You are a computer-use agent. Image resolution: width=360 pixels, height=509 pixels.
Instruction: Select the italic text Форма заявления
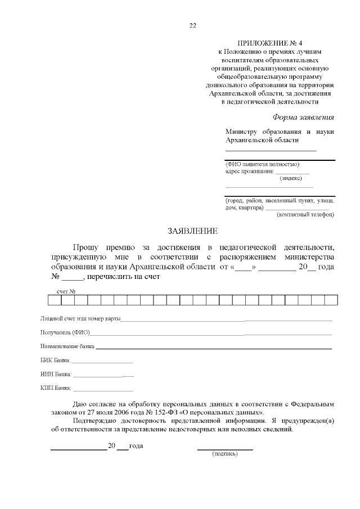(x=303, y=118)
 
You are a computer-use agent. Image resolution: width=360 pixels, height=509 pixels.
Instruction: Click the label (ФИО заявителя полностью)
(x=258, y=164)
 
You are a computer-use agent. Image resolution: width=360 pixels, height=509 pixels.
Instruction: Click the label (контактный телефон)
(x=305, y=214)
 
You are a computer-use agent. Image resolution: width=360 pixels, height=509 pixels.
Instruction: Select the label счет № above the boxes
(x=66, y=291)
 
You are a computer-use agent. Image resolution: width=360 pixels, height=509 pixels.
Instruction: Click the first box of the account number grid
(x=54, y=299)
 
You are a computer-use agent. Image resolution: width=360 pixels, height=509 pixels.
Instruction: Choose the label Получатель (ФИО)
(x=65, y=333)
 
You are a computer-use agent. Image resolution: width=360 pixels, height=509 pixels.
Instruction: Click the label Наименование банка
(x=67, y=346)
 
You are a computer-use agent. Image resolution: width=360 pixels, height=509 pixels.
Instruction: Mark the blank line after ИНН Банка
(x=103, y=375)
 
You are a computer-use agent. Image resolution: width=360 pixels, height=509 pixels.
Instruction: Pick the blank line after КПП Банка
(x=103, y=389)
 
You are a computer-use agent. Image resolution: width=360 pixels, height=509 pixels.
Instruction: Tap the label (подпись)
(x=224, y=454)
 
